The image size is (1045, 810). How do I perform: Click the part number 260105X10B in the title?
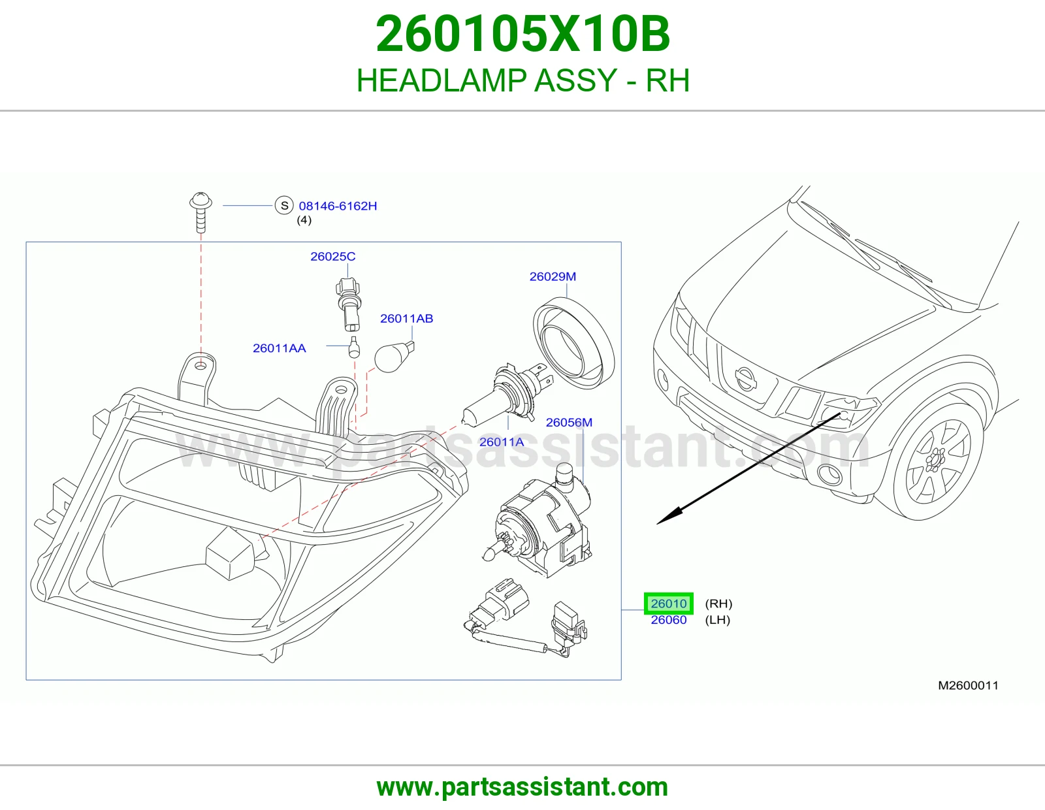[x=522, y=35]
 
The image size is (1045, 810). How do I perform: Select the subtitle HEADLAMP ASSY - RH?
[x=522, y=80]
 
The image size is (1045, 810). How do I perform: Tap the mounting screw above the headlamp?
[x=201, y=212]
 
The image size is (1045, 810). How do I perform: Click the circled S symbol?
[x=284, y=205]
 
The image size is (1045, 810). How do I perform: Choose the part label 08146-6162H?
[x=338, y=206]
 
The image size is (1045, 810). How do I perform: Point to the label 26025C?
[x=333, y=256]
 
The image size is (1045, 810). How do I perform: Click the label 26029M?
[x=553, y=276]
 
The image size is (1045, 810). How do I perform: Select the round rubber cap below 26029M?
[x=573, y=343]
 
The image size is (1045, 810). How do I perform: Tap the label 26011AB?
[x=406, y=318]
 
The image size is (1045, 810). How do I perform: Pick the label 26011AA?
[x=280, y=348]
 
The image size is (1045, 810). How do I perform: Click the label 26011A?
[x=502, y=442]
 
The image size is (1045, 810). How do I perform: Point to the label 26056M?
[x=569, y=423]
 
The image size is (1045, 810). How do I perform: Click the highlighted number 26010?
[x=668, y=603]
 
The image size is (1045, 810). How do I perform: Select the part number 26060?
[x=668, y=620]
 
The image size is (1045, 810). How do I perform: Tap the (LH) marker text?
[x=718, y=620]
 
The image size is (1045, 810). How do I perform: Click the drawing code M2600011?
[x=968, y=685]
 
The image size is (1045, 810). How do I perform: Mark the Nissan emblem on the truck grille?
[x=745, y=380]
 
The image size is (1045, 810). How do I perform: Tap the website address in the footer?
[x=522, y=787]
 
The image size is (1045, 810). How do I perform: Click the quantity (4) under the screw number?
[x=304, y=220]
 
